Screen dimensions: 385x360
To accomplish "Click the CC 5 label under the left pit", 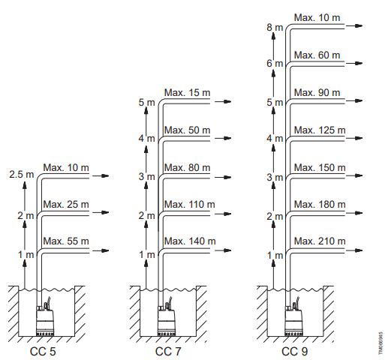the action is click(x=43, y=351).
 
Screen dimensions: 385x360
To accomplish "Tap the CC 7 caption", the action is click(x=168, y=351).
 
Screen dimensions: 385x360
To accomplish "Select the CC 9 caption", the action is click(x=294, y=351).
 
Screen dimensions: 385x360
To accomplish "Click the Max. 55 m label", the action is click(x=66, y=241).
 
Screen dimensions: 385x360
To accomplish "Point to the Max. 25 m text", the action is click(x=66, y=204).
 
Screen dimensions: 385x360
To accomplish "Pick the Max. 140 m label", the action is click(x=190, y=241).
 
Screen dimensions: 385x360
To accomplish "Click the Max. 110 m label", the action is click(x=190, y=204).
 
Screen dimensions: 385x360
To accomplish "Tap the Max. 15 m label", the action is click(x=187, y=92).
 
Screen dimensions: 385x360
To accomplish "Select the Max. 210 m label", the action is click(x=320, y=241).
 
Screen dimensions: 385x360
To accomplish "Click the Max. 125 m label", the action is click(x=320, y=130).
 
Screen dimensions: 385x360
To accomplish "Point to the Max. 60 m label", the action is click(x=317, y=55).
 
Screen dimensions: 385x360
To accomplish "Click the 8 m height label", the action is click(x=275, y=27).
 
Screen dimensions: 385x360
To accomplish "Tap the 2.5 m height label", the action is click(x=22, y=174).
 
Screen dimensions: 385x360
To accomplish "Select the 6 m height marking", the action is click(x=275, y=63).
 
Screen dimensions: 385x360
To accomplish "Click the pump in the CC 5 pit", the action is click(x=45, y=316).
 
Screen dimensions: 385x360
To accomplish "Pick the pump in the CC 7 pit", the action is click(x=167, y=316).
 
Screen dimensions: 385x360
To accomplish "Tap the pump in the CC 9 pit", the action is click(x=294, y=316).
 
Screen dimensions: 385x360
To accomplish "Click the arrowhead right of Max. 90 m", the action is click(x=359, y=100).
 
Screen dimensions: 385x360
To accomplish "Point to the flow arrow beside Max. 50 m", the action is click(x=223, y=138).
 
